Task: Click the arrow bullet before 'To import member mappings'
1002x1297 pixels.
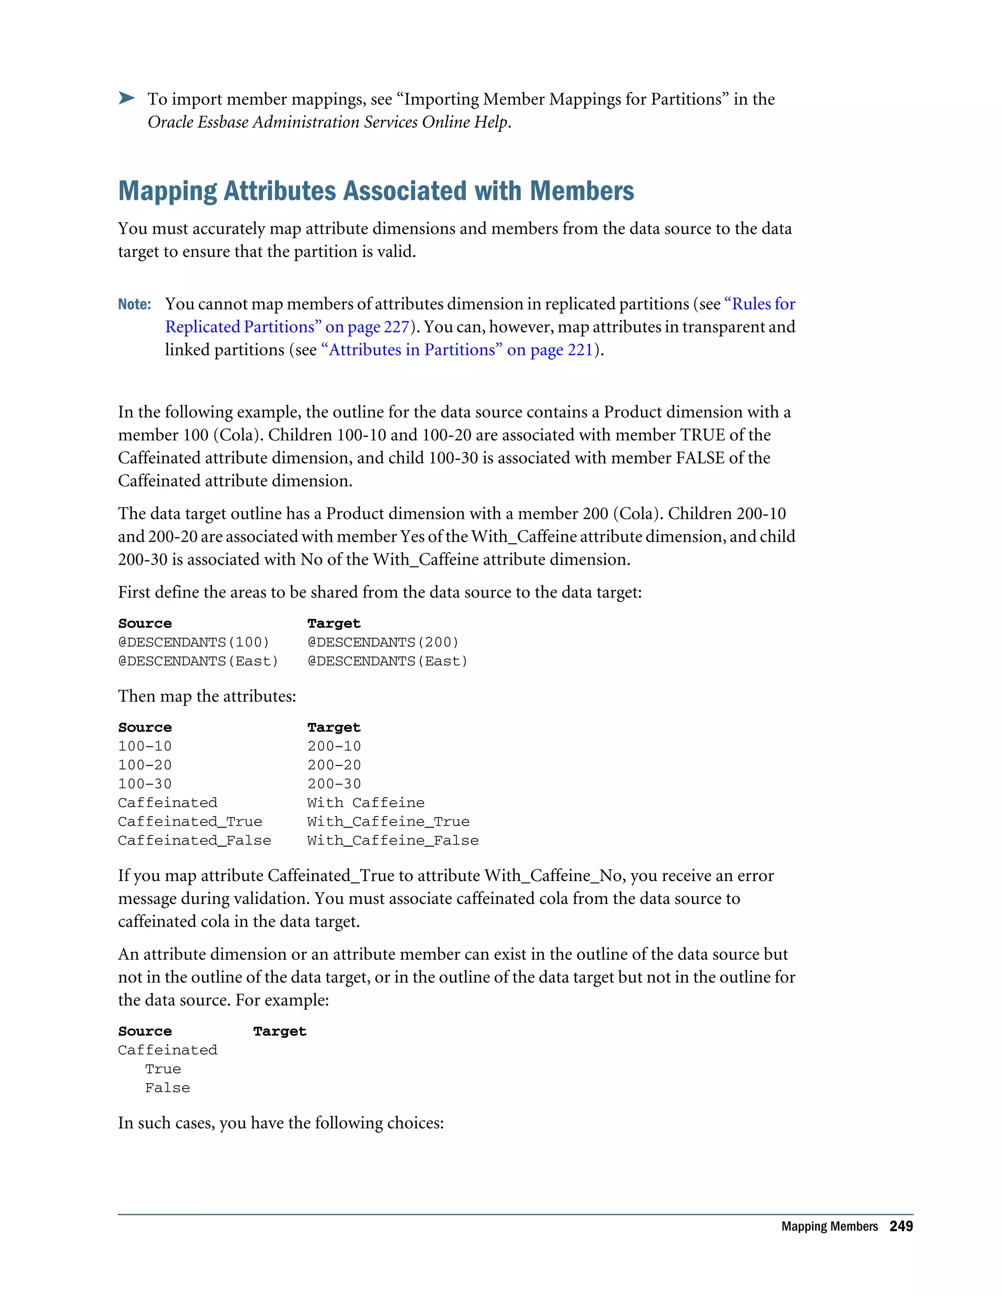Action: pos(126,98)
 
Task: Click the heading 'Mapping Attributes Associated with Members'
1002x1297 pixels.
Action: pos(376,191)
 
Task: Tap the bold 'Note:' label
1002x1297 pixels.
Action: pos(134,304)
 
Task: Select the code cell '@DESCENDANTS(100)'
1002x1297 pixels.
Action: pos(194,643)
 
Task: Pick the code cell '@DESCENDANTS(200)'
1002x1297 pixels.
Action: pos(383,643)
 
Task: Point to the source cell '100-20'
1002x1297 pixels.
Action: pos(145,765)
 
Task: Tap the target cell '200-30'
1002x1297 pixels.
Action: pos(334,784)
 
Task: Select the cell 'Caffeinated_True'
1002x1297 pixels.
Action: pos(190,822)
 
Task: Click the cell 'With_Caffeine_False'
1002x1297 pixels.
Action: pos(392,841)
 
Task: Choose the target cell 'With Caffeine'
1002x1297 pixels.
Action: pos(365,803)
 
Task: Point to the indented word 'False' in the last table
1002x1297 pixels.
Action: pos(167,1089)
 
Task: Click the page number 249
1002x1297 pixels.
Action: pos(901,1227)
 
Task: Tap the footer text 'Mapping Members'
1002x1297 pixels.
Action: pos(829,1227)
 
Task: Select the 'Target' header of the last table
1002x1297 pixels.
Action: pos(279,1032)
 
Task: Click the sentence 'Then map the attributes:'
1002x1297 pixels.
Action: pos(206,696)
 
